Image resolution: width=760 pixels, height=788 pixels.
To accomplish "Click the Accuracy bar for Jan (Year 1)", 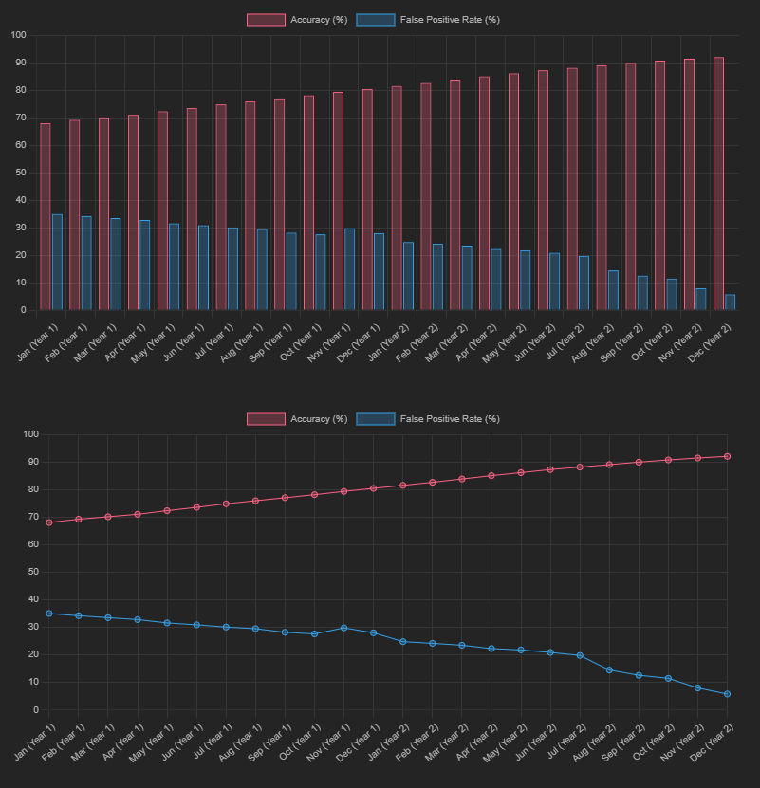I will [46, 216].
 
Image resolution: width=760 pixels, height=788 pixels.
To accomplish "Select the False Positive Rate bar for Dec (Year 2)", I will [730, 302].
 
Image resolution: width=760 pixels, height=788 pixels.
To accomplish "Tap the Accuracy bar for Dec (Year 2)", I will [718, 183].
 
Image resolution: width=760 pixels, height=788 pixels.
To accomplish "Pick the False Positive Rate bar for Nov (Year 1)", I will [349, 269].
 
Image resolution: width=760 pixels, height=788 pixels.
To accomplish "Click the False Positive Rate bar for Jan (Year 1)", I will [57, 262].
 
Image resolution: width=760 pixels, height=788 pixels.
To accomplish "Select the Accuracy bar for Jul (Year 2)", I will [572, 189].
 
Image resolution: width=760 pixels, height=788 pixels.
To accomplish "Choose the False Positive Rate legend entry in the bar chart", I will [428, 20].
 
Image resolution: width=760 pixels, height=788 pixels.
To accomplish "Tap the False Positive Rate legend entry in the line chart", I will [428, 419].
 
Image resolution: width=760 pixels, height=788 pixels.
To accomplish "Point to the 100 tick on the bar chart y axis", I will [19, 35].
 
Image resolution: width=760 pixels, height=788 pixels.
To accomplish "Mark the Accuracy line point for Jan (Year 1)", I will [48, 522].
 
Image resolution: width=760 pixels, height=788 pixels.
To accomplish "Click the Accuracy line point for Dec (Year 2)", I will [727, 456].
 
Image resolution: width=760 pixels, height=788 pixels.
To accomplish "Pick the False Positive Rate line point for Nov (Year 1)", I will [343, 628].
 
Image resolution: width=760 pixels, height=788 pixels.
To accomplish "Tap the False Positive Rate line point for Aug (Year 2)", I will [609, 670].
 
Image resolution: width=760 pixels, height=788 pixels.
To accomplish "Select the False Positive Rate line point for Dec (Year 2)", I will [727, 694].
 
